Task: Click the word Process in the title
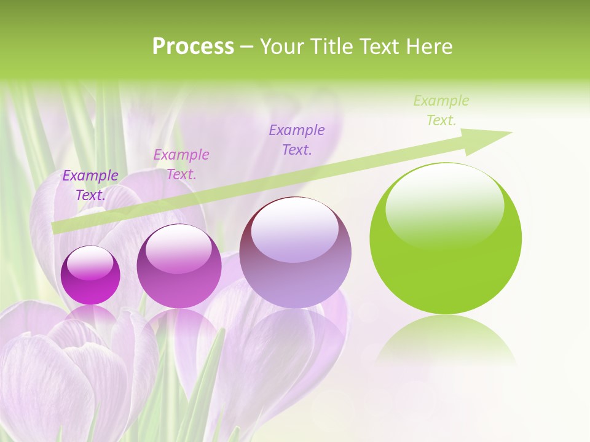pos(193,47)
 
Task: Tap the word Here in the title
pos(428,47)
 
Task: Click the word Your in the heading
pos(283,47)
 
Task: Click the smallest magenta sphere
pos(90,276)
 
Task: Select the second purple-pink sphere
pos(179,266)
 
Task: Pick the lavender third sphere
pos(295,253)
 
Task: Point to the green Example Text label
pos(441,110)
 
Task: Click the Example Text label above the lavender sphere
pos(297,139)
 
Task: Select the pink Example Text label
pos(181,164)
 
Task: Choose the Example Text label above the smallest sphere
pos(90,185)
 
